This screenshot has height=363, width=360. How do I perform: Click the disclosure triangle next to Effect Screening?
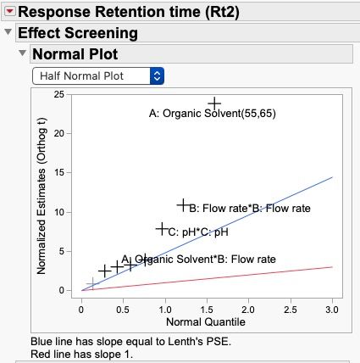[8, 32]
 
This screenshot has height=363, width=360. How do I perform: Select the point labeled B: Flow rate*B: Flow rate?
[183, 205]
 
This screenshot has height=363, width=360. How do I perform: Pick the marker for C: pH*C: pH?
[162, 229]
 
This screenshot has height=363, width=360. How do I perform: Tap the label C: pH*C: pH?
[198, 232]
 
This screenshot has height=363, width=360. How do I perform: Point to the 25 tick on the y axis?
[58, 94]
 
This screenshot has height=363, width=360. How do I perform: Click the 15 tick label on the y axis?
[58, 172]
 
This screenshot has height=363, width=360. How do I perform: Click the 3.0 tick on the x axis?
[331, 310]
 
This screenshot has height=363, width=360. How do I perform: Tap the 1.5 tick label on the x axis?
[207, 310]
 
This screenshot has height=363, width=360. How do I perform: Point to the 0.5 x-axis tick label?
[124, 310]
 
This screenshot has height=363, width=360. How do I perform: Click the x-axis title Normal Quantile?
[208, 323]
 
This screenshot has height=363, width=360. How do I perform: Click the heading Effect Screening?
[77, 33]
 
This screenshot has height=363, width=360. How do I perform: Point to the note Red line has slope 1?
[82, 353]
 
